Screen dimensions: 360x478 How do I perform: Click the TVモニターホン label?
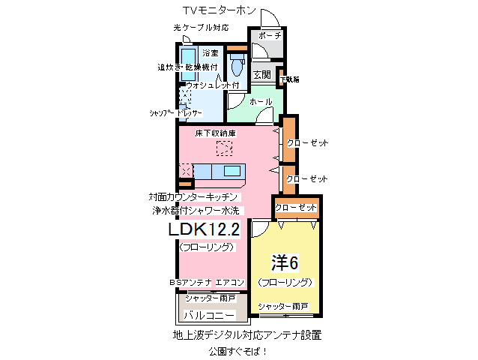coord(220,10)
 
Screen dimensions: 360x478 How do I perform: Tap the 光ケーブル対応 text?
coord(200,28)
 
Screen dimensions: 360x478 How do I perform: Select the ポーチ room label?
coord(269,36)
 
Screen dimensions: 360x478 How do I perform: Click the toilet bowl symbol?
coord(238,67)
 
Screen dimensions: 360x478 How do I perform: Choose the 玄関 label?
coord(261,74)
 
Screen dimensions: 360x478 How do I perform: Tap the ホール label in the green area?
coord(260,101)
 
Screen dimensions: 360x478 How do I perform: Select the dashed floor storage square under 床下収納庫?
coord(223,148)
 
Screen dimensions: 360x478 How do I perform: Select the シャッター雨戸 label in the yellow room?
coord(283,307)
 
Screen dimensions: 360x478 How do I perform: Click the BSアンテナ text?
coord(190,282)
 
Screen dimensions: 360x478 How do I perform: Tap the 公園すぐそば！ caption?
coord(238,350)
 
